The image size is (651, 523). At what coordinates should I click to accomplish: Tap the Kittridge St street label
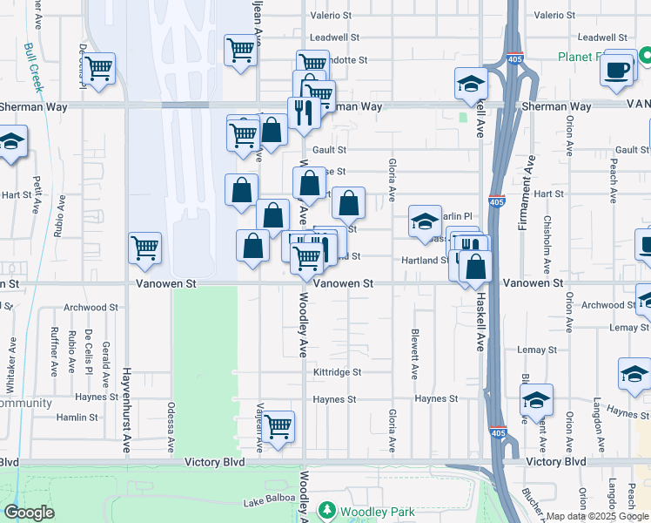[x=337, y=372]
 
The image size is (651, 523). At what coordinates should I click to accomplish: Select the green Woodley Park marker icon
[x=327, y=510]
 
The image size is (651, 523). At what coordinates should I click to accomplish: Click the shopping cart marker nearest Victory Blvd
[x=279, y=427]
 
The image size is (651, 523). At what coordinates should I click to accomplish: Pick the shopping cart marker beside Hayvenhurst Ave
[x=144, y=248]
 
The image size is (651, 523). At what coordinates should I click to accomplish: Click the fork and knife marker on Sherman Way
[x=303, y=112]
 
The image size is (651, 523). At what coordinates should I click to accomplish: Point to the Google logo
[x=30, y=512]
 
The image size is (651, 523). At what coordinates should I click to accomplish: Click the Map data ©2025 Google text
[x=596, y=516]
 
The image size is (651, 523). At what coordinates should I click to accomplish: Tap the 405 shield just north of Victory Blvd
[x=497, y=432]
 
